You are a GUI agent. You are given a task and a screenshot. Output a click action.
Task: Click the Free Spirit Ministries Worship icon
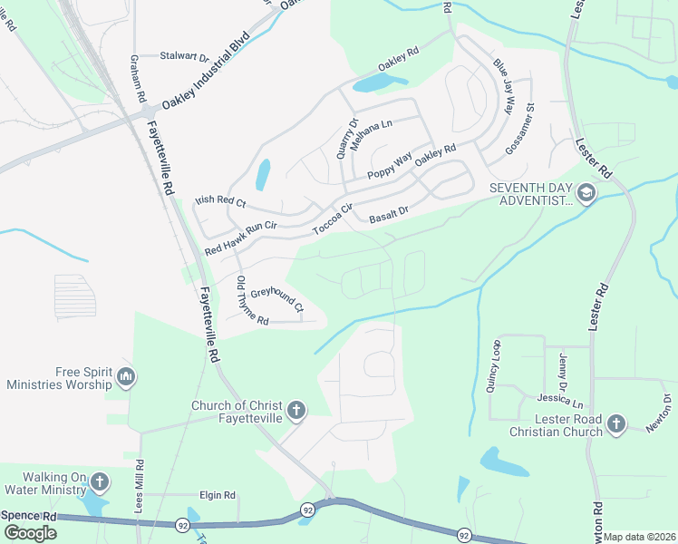[x=126, y=376]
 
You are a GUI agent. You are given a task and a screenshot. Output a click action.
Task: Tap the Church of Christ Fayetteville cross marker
[x=295, y=412]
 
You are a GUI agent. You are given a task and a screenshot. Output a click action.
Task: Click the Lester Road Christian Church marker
[x=616, y=423]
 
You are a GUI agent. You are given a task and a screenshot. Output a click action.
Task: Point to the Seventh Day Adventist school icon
[x=586, y=192]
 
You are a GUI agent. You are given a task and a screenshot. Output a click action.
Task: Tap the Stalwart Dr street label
[x=185, y=55]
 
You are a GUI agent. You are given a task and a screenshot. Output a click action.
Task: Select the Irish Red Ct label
[x=221, y=202]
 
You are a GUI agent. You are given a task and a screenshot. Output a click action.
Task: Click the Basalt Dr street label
[x=389, y=215]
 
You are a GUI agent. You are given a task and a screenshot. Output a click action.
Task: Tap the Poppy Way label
[x=390, y=166]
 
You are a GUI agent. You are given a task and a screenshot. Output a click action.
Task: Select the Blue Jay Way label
[x=503, y=85]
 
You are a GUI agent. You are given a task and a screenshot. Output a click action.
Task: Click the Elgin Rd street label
[x=218, y=495]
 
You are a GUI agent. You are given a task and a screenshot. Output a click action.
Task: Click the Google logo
[x=29, y=533]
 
